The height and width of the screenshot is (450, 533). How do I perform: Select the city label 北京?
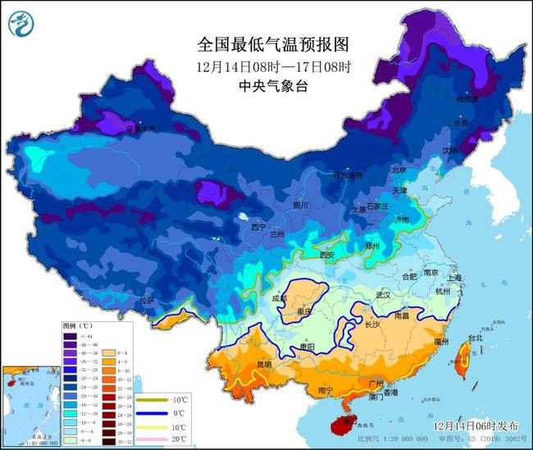[x=399, y=170]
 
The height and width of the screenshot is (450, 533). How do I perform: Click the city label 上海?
[x=453, y=278]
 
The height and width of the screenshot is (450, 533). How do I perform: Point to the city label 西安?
[x=328, y=255]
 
